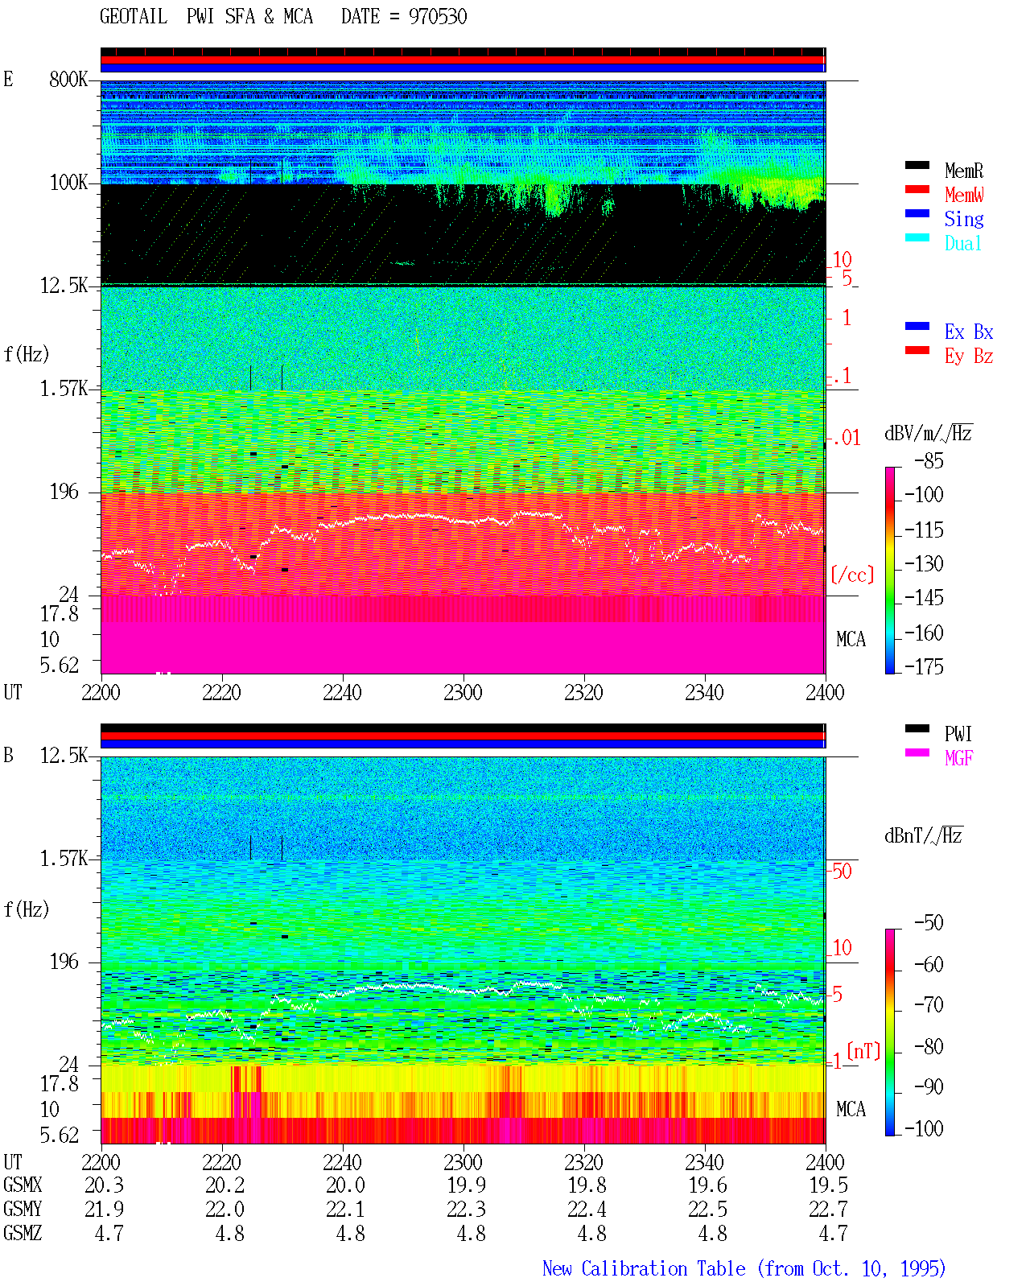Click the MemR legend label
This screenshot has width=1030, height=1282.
tap(963, 171)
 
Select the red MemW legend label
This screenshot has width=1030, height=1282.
tap(963, 195)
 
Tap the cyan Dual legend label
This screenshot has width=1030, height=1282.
tap(962, 243)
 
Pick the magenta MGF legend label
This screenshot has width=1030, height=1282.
tap(958, 758)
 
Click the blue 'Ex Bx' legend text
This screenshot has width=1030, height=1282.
tap(968, 332)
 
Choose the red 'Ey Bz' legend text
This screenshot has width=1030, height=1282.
tap(968, 357)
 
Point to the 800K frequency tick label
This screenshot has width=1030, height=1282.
tap(68, 79)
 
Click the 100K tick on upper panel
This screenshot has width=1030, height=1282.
tap(68, 183)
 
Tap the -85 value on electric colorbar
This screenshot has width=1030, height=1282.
tap(929, 460)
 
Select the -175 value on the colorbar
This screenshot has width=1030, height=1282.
tap(924, 666)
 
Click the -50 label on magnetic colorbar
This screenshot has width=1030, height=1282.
tap(929, 923)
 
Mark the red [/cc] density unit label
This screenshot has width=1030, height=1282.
tap(852, 575)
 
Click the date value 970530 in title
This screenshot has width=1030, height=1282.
tap(437, 17)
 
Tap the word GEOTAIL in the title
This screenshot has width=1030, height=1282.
tap(134, 17)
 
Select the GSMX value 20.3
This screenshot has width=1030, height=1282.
tap(105, 1185)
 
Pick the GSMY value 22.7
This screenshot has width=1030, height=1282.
tap(828, 1209)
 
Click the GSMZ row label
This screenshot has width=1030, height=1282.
tap(23, 1233)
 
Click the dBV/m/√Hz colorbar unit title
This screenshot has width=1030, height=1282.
tap(928, 433)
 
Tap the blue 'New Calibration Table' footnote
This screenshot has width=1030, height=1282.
tap(644, 1268)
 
